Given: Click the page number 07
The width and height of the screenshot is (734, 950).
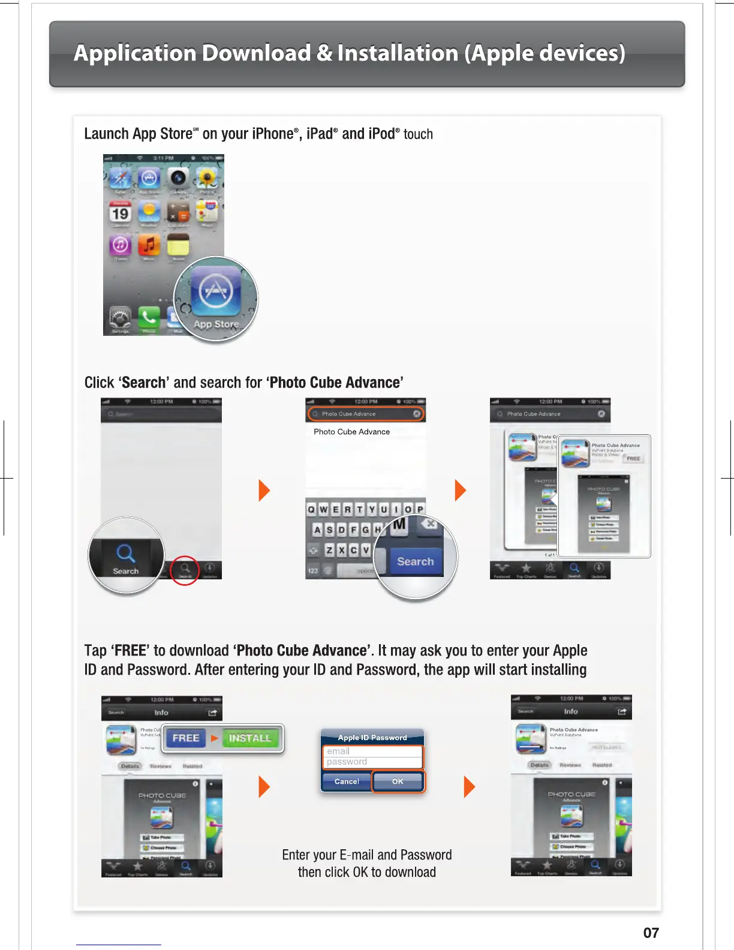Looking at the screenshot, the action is click(x=651, y=933).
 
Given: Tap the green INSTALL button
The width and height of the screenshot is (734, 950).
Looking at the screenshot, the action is click(x=249, y=738).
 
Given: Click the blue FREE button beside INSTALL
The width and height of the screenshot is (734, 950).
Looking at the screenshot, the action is click(x=185, y=738).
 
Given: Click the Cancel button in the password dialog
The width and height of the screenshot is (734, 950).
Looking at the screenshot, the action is click(x=347, y=781).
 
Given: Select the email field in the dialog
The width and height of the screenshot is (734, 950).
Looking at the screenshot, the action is click(x=373, y=751).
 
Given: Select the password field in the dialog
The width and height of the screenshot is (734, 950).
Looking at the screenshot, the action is click(x=373, y=762).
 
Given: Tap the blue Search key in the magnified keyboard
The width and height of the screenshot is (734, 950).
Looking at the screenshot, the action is click(x=415, y=562).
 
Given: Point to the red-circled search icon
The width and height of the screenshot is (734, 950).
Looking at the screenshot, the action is click(x=185, y=568).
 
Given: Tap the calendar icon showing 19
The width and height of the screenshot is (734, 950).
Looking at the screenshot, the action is click(x=121, y=213).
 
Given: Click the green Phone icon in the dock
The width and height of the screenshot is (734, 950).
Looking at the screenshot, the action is click(x=149, y=317).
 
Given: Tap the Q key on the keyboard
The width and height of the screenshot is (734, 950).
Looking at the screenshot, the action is click(x=311, y=509).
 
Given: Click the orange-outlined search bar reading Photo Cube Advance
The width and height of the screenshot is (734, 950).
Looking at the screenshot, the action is click(x=366, y=414).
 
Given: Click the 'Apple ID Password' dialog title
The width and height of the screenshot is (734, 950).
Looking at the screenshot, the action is click(x=372, y=738).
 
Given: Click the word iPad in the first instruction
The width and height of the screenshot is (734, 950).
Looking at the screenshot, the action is click(x=320, y=134).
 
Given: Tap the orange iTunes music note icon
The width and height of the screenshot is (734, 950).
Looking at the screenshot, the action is click(x=149, y=245).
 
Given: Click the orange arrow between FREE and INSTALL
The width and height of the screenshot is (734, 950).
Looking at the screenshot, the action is click(x=214, y=738).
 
